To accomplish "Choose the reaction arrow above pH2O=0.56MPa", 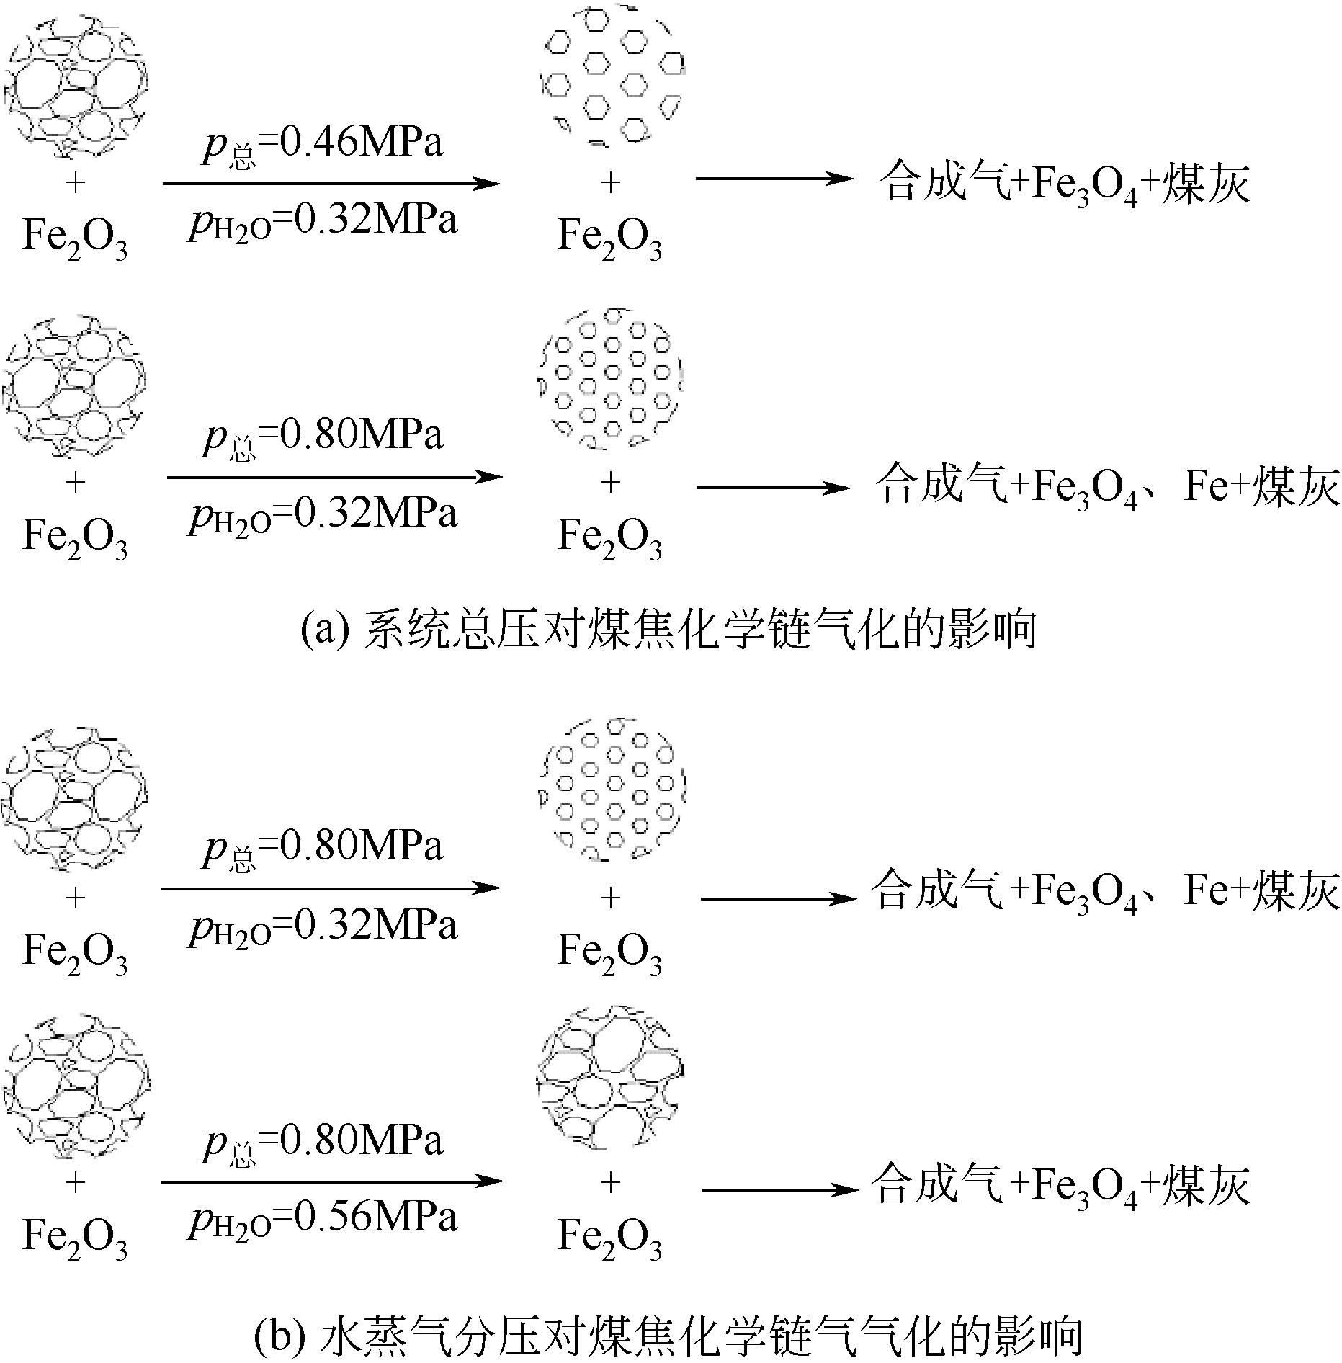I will point(331,1181).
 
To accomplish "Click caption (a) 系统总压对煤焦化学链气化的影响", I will point(668,629).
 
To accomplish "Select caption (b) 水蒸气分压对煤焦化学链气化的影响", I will point(668,1337).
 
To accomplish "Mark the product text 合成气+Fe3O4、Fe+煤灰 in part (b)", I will point(1105,891).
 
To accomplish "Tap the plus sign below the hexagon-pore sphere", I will point(610,183).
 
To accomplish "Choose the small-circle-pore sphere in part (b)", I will point(612,790).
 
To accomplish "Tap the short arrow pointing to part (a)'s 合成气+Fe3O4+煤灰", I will point(774,178).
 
